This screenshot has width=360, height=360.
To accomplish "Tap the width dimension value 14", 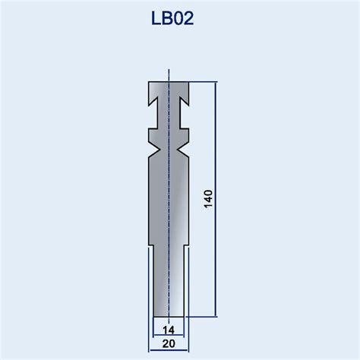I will tap(168, 329).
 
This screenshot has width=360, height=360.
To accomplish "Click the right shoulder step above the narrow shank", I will tap(185, 247).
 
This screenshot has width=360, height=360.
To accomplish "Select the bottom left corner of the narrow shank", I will tap(154, 316).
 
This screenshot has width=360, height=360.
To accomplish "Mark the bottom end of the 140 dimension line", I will tap(216, 316).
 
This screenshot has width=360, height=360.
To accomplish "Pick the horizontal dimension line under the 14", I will tap(168, 336).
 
